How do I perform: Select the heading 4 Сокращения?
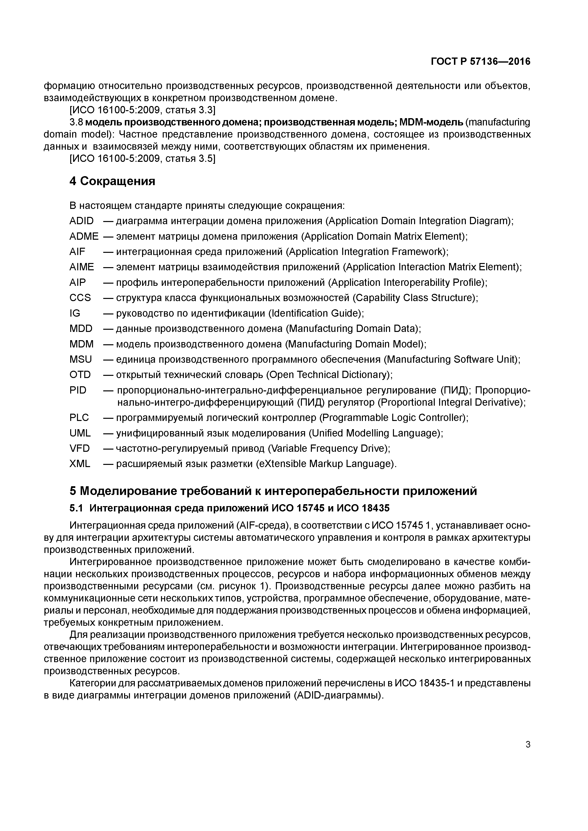tap(112, 181)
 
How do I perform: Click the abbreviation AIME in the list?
tap(82, 267)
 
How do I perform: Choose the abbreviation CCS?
tap(80, 298)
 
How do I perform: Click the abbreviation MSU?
tap(80, 359)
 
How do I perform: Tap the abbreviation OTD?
tap(80, 375)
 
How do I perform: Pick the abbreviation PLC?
tap(79, 418)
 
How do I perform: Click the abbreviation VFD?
tap(79, 448)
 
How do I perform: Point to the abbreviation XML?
tap(80, 464)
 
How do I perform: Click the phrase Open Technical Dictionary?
tap(329, 375)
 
